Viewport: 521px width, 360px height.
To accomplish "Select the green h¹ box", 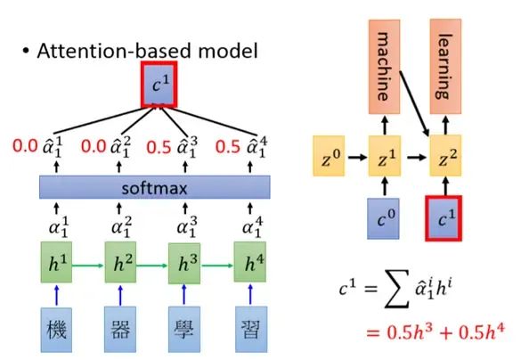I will click(61, 264).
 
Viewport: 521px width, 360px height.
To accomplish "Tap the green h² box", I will click(123, 264).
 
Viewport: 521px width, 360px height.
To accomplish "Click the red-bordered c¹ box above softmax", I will click(157, 84).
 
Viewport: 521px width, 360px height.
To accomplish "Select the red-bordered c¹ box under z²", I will click(448, 218).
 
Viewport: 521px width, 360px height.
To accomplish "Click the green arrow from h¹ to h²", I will click(92, 264).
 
